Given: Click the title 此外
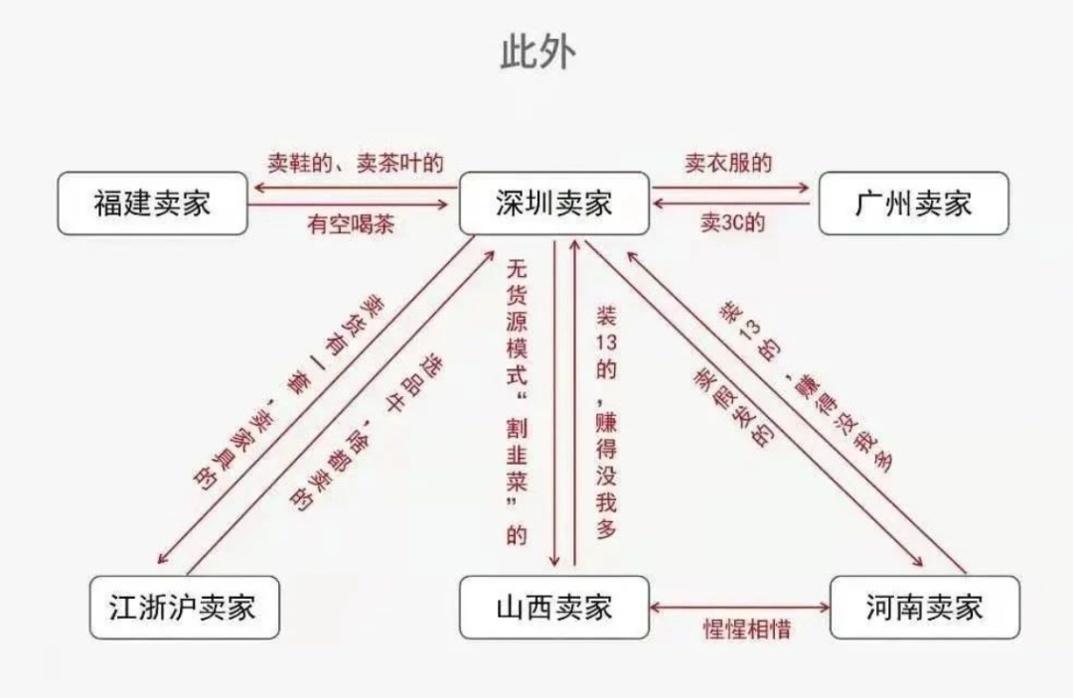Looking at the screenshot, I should click(x=536, y=53).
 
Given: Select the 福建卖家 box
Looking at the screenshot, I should click(x=152, y=204).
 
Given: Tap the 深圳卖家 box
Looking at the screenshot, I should click(x=553, y=204).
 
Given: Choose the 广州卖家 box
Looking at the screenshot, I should click(x=913, y=204).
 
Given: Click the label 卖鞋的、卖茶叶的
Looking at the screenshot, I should click(x=355, y=163).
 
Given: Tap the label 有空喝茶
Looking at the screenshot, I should click(x=351, y=224).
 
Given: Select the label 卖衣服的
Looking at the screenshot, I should click(x=727, y=163).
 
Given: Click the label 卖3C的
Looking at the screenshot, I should click(x=732, y=223).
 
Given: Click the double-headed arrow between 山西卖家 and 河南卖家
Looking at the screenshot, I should click(x=739, y=606).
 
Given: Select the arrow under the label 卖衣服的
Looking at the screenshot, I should click(x=734, y=187).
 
